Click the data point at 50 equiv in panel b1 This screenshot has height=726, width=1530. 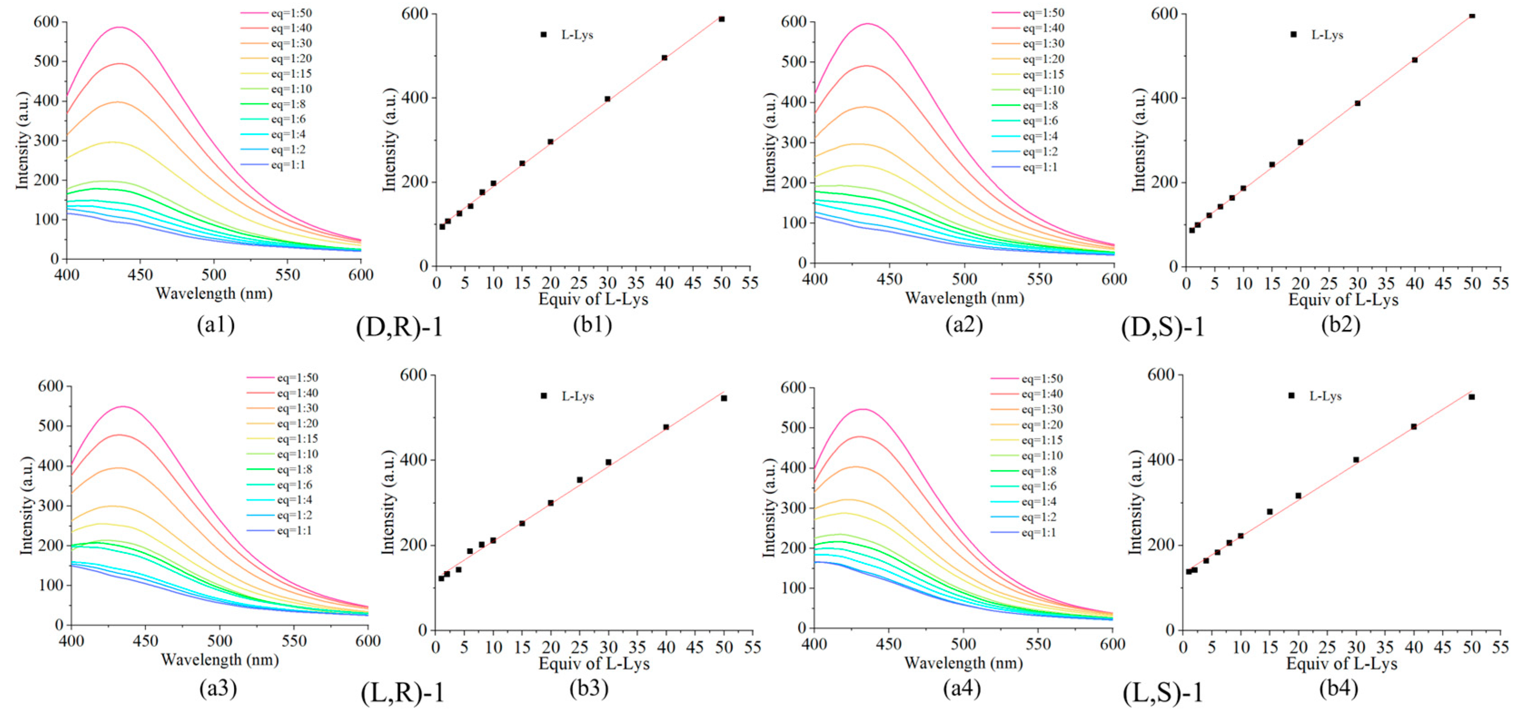tap(722, 19)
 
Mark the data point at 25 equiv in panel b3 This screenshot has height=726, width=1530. tap(579, 479)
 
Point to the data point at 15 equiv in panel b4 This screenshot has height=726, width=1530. tap(1270, 512)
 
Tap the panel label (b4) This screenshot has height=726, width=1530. tap(1339, 688)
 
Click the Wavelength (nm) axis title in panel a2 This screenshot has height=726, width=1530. tap(965, 298)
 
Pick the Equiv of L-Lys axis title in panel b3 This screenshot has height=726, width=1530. tap(594, 664)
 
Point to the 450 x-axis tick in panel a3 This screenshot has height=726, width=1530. tap(145, 641)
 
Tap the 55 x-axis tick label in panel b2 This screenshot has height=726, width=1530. tap(1500, 283)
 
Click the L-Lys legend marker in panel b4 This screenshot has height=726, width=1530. tap(1291, 396)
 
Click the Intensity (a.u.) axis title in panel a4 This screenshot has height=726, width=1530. tap(769, 508)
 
